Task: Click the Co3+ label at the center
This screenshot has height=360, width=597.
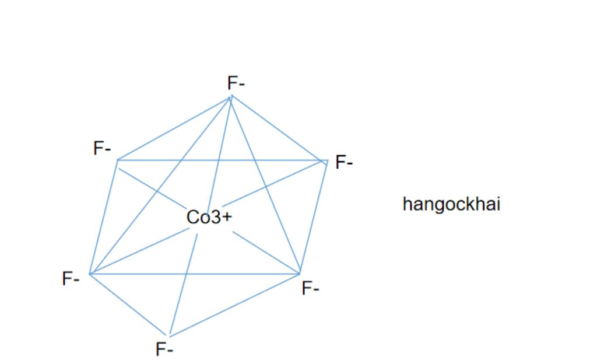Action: [209, 217]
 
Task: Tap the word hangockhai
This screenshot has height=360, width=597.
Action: [451, 204]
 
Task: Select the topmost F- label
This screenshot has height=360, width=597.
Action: [236, 83]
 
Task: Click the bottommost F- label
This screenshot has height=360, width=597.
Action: [164, 349]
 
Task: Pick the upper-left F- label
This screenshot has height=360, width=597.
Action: [102, 149]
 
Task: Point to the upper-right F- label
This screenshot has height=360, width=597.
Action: [344, 162]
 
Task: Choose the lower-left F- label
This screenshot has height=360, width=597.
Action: [71, 279]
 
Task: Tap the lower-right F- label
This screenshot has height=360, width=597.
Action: [310, 288]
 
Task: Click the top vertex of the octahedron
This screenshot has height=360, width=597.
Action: [231, 96]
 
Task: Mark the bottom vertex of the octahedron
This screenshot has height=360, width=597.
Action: [170, 337]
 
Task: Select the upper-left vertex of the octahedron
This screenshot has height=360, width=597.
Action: [118, 160]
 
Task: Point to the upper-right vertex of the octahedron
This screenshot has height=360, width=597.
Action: [327, 160]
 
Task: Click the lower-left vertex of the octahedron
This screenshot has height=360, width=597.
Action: [90, 273]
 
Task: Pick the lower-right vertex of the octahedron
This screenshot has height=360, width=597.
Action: [300, 273]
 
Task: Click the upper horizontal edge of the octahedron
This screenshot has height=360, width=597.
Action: [222, 160]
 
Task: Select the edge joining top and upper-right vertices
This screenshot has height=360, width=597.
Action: [279, 128]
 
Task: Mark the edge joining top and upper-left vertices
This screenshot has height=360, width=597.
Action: [175, 128]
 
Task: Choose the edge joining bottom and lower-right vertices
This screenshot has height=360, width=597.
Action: [234, 305]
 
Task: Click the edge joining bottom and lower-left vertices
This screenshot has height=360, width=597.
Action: [129, 305]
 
